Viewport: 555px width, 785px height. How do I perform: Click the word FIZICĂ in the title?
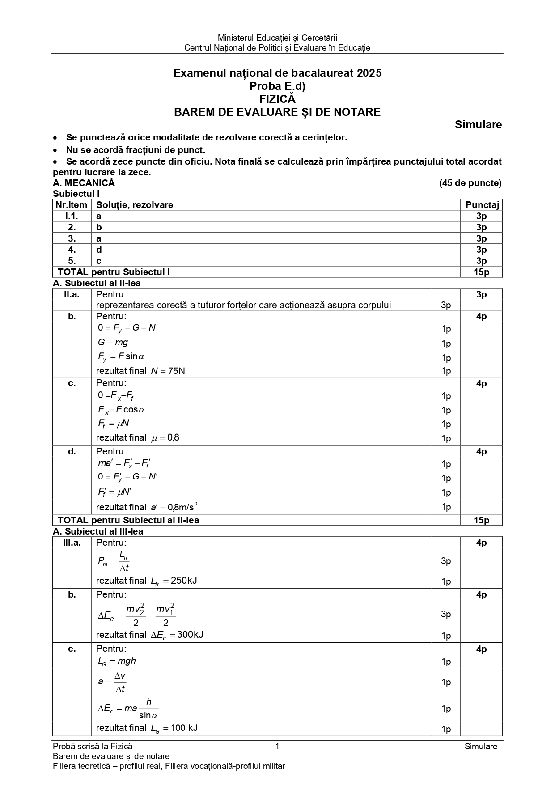(x=277, y=99)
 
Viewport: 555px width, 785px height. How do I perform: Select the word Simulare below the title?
(x=478, y=125)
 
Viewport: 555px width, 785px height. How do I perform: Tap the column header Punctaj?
(x=482, y=205)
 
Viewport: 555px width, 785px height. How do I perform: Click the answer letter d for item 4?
(x=99, y=250)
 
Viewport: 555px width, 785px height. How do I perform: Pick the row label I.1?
(x=72, y=216)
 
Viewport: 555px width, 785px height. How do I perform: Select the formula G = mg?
(x=113, y=343)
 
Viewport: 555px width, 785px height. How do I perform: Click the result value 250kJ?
(x=184, y=581)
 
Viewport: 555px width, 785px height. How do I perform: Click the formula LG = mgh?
(x=117, y=661)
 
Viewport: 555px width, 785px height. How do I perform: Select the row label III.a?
(x=72, y=543)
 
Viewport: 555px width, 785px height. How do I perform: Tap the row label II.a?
(x=72, y=294)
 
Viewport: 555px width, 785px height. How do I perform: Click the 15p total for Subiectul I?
(x=482, y=272)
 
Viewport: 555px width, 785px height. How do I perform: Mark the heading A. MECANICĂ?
(x=84, y=183)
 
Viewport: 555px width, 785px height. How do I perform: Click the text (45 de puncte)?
(x=470, y=183)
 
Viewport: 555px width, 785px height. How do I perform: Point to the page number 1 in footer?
(x=277, y=746)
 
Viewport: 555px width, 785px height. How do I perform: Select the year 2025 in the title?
(x=369, y=73)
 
